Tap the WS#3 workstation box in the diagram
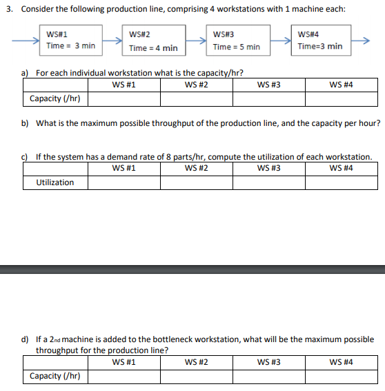point(236,41)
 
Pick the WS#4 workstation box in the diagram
point(319,40)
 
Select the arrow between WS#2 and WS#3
point(197,41)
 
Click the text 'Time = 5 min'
point(237,47)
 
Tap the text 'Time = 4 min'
point(153,48)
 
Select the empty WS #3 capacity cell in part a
point(268,99)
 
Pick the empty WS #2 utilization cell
point(197,183)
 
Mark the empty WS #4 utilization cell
point(342,183)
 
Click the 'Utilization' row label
point(55,182)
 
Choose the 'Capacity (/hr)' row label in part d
point(55,376)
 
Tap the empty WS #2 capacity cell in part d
point(197,376)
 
